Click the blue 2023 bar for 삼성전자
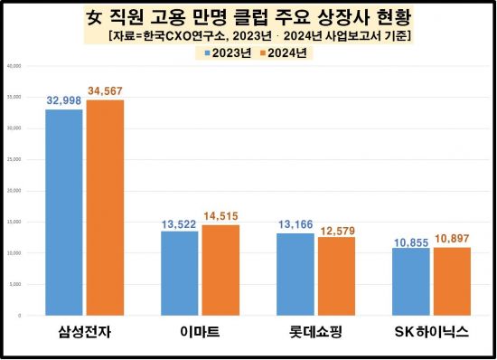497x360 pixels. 64,213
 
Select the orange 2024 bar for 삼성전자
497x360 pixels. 105,208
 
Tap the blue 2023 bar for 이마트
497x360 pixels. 179,273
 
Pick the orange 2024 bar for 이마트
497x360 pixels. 220,270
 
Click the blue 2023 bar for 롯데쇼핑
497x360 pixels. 295,274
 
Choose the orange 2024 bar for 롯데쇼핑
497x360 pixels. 335,276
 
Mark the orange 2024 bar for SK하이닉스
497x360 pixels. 451,281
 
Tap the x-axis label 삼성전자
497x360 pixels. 84,333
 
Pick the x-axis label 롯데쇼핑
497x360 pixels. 315,333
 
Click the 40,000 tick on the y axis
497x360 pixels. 15,66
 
